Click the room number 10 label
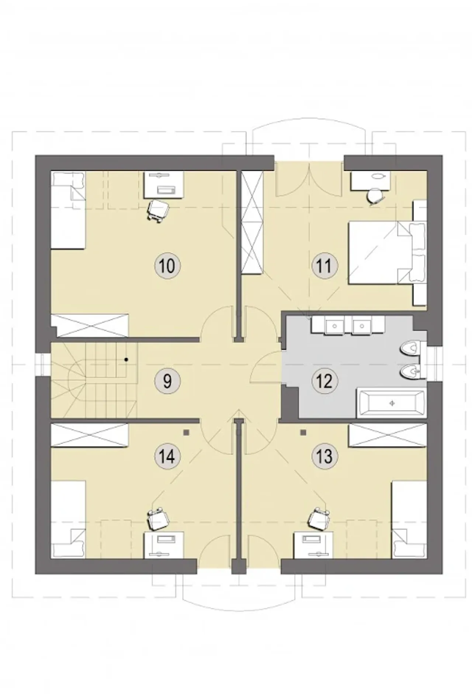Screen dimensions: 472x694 [x=167, y=265]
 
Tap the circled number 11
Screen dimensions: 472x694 [x=324, y=265]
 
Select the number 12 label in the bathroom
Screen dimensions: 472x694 [x=324, y=381]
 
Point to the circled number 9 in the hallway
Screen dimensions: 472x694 [x=167, y=381]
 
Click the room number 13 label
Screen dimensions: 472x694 [x=324, y=457]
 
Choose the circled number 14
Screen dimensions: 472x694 [x=167, y=457]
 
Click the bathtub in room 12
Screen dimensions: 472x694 [x=392, y=403]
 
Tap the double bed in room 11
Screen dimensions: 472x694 [x=387, y=252]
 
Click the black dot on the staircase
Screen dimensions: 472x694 [x=126, y=359]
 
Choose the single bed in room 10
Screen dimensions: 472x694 [x=68, y=210]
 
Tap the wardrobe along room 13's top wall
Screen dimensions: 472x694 [x=388, y=435]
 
